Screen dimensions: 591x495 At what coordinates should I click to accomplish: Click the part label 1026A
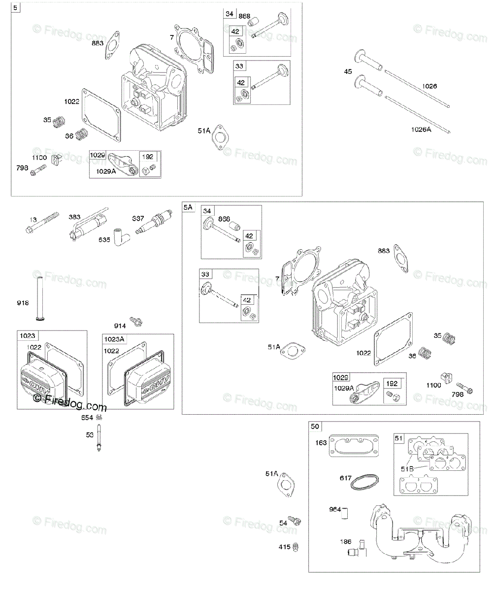point(421,130)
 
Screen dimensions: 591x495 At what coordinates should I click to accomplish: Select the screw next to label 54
point(295,521)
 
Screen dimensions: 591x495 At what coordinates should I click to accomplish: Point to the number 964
point(334,510)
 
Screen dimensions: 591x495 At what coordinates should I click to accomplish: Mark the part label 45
point(348,72)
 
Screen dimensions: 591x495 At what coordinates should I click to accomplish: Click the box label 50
point(315,426)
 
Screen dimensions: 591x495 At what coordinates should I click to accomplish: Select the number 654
point(87,418)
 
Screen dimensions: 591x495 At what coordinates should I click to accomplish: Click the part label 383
point(74,217)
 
